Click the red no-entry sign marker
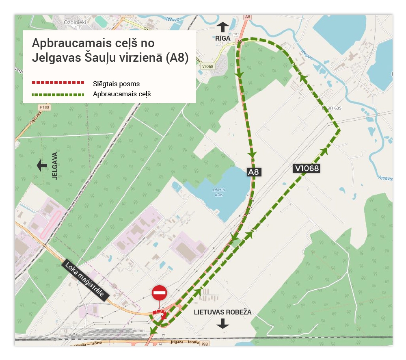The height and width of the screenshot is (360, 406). coord(159,293)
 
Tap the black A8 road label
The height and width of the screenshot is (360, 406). coord(254,172)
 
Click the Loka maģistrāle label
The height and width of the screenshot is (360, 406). coord(86,280)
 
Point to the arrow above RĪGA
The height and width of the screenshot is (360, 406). coord(222,27)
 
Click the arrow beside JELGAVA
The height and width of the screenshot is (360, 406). coord(42,165)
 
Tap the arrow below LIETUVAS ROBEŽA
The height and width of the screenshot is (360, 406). coord(222,323)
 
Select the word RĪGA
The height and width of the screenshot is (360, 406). coord(223,38)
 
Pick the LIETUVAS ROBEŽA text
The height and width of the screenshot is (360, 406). coord(222,312)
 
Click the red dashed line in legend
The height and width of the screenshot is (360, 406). coord(58,83)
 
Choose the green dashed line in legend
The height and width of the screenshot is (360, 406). coord(58,95)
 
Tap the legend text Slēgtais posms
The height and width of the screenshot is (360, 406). coord(116,84)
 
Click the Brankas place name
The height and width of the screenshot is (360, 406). coord(332,108)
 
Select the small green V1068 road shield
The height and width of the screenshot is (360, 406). coord(207,66)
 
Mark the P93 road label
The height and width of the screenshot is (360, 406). coord(205,345)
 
